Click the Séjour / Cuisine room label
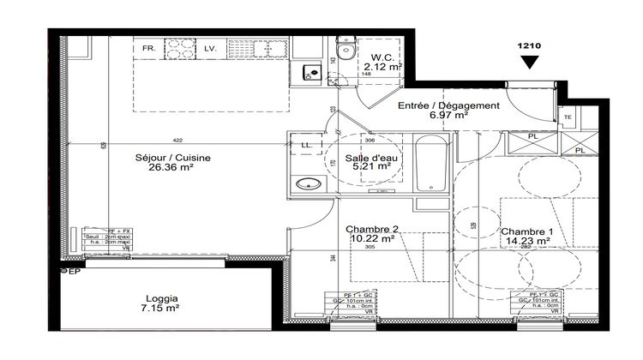click(172, 157)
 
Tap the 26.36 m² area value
click(172, 168)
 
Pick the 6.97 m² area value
click(448, 115)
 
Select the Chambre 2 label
click(370, 229)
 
